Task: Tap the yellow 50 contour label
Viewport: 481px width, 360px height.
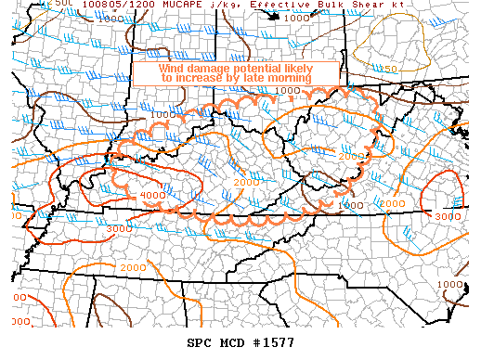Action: point(391,70)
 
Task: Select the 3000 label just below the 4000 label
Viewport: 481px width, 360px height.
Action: point(119,228)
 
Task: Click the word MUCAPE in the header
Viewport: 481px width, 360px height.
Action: point(159,5)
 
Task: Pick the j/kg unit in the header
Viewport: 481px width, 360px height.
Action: point(199,5)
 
